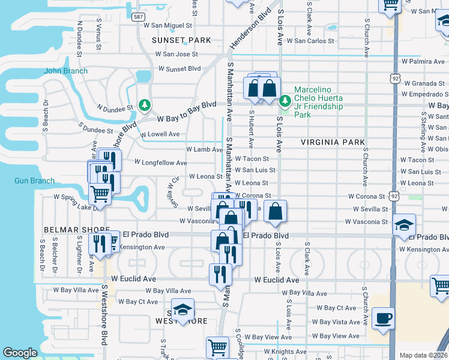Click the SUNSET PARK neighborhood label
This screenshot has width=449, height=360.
pos(181,40)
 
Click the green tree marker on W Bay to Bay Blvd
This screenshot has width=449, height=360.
pos(145,106)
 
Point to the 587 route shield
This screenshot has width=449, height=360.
pos(138,17)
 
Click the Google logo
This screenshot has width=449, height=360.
pos(20,353)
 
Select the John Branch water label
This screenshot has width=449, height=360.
pos(65,71)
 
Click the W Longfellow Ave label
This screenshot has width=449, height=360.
pos(160,163)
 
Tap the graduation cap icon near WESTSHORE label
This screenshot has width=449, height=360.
pos(183,310)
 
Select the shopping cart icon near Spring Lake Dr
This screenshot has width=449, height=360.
pos(100,194)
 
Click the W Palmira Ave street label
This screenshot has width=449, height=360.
pos(425,61)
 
